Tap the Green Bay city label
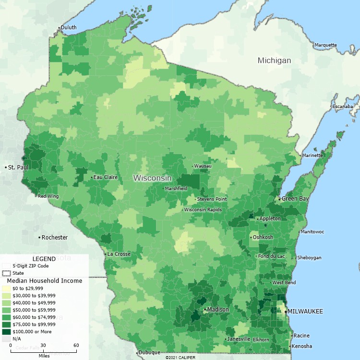295,198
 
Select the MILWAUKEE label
305,312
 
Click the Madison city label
218,310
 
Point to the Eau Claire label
106,177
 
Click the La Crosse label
118,254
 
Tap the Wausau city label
203,166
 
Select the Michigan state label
274,60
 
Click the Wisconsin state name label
152,178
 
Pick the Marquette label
325,45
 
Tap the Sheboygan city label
310,258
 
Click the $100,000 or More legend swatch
6,331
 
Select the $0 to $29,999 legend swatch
6,288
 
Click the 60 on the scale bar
76,346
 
